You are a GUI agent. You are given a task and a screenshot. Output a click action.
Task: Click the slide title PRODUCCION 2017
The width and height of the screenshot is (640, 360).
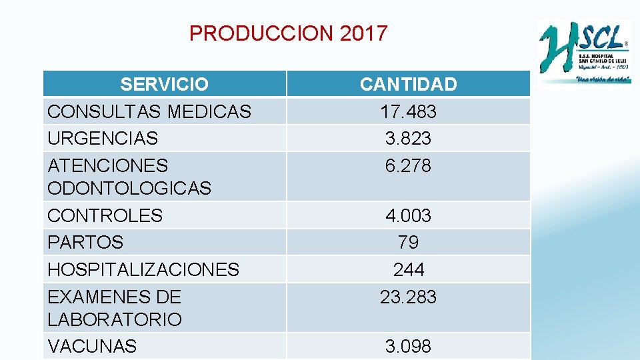[288, 33]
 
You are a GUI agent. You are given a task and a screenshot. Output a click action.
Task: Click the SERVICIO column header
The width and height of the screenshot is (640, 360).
[164, 85]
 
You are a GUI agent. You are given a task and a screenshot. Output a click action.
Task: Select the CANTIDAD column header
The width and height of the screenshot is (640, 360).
[408, 85]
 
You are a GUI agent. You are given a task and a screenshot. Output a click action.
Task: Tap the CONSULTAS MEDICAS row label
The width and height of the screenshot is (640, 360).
[149, 111]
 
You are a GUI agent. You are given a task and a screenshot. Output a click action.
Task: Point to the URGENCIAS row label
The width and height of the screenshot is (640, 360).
[103, 139]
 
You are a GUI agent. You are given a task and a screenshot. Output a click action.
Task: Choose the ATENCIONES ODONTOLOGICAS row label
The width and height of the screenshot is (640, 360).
[129, 177]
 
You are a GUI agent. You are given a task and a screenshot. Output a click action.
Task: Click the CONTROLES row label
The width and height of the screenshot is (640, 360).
[105, 216]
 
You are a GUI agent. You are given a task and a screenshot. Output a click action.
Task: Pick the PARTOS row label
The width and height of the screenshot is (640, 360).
[85, 242]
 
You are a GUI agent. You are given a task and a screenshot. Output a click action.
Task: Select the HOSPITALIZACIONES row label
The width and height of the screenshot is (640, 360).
[143, 269]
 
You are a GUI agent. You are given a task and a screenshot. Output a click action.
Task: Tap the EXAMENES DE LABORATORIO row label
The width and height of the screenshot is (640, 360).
[115, 308]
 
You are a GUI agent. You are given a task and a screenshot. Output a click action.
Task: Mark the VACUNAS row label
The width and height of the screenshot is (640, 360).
[92, 346]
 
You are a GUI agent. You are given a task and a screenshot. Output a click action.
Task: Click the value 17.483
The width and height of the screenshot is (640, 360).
[408, 111]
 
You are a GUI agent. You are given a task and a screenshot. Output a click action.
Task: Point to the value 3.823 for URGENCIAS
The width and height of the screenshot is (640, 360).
[408, 139]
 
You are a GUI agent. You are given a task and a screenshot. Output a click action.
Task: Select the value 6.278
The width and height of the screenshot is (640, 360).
[408, 165]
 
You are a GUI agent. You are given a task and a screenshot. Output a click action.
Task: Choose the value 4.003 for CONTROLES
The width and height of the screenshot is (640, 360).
[408, 216]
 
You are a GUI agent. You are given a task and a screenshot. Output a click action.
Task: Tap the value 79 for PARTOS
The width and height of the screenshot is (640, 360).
[408, 242]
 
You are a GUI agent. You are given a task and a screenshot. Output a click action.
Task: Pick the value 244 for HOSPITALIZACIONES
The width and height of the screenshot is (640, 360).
[408, 269]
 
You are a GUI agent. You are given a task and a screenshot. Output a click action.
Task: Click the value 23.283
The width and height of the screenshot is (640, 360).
[408, 297]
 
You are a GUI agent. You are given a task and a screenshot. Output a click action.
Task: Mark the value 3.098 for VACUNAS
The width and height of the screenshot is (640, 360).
[408, 346]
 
